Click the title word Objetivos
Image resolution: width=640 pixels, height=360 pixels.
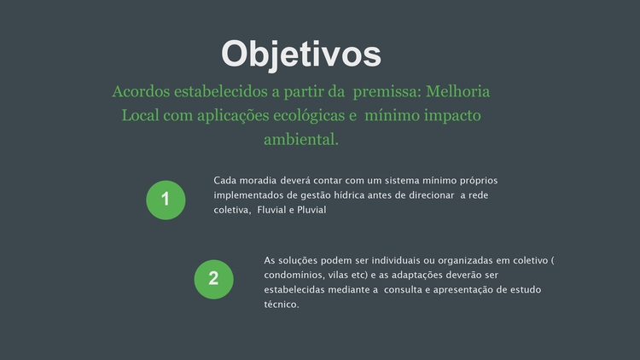(301, 55)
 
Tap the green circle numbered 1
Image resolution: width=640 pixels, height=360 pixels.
(166, 200)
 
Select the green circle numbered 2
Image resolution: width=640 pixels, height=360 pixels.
(214, 280)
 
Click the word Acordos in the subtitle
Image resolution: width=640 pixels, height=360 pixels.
(141, 91)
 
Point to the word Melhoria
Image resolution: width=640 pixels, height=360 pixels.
(458, 91)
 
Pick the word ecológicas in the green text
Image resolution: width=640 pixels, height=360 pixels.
(309, 115)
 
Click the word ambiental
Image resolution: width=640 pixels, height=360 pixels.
(301, 140)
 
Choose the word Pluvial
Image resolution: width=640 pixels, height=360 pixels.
(311, 210)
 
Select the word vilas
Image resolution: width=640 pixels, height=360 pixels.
(338, 275)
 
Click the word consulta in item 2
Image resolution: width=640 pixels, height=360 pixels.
(403, 290)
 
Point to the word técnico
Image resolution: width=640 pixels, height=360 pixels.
(282, 305)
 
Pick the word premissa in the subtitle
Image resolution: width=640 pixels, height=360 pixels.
(387, 92)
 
